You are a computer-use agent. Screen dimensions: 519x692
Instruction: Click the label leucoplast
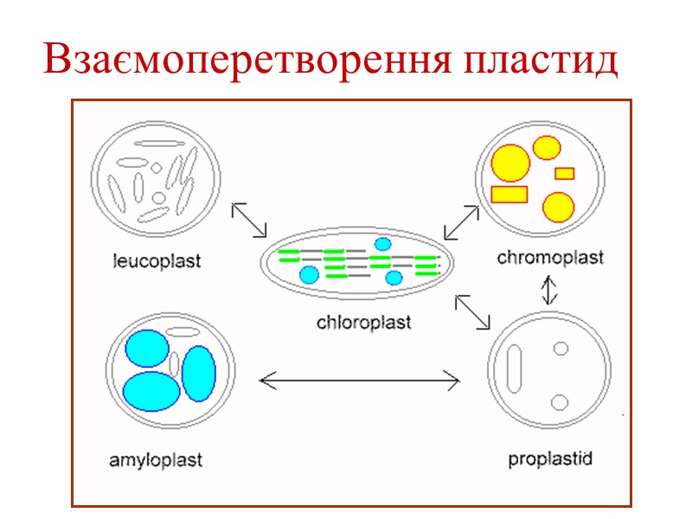tap(157, 259)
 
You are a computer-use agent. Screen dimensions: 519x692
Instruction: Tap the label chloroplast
tap(363, 324)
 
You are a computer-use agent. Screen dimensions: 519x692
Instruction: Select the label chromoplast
tap(550, 257)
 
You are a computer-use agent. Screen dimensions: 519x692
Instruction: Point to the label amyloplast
tap(156, 460)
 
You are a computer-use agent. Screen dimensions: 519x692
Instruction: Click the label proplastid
tap(550, 458)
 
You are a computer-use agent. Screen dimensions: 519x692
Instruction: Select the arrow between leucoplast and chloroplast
tap(250, 219)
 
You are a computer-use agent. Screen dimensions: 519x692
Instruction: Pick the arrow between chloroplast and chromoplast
tap(461, 221)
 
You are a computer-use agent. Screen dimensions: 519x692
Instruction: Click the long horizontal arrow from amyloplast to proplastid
tap(360, 378)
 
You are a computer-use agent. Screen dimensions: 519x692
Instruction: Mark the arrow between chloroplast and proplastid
tap(472, 312)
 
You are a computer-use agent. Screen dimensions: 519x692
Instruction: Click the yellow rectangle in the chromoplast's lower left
tap(509, 194)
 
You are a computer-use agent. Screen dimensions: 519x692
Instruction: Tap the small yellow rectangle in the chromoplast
tap(565, 173)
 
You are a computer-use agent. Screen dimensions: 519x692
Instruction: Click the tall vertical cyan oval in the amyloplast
tap(198, 373)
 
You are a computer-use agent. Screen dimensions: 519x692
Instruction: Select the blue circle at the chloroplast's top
tap(383, 245)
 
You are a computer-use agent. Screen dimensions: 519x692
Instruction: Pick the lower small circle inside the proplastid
tap(560, 401)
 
